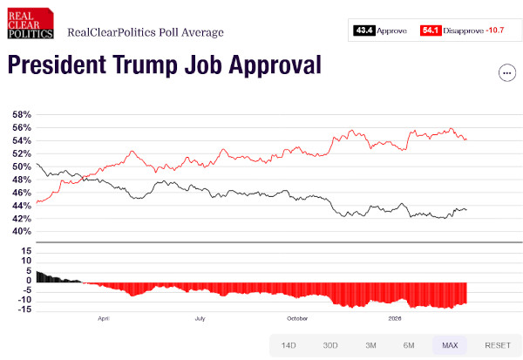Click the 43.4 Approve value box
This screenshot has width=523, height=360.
click(364, 31)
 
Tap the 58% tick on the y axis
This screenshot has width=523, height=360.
click(22, 115)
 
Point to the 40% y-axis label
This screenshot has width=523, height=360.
click(22, 232)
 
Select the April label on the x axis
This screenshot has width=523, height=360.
click(105, 318)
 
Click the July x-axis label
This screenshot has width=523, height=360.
click(200, 318)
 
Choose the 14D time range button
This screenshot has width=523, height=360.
click(289, 346)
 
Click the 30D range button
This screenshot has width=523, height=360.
click(330, 346)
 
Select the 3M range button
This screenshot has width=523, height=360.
click(370, 346)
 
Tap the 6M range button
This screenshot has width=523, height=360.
click(409, 346)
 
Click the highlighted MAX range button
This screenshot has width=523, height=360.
click(450, 346)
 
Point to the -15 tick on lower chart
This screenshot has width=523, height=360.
click(25, 309)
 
